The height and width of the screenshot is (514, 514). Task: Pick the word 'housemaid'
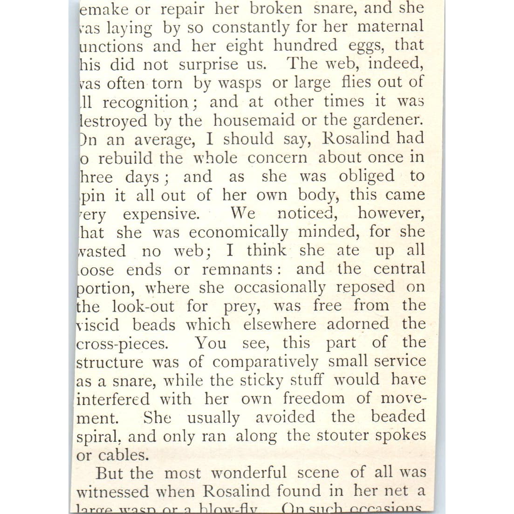tap(254, 120)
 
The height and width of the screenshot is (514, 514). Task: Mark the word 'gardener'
tap(388, 120)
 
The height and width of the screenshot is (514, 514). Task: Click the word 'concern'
tap(277, 158)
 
